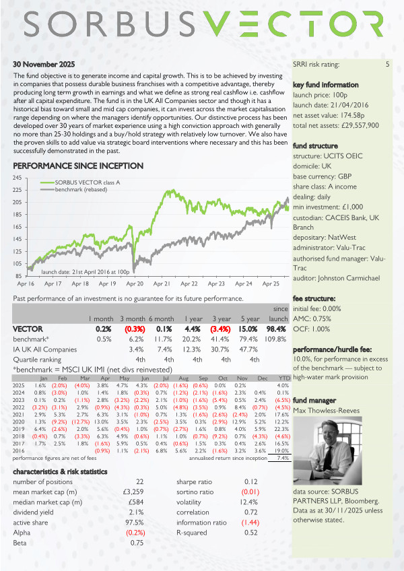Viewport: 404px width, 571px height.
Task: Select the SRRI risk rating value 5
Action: click(x=387, y=65)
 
